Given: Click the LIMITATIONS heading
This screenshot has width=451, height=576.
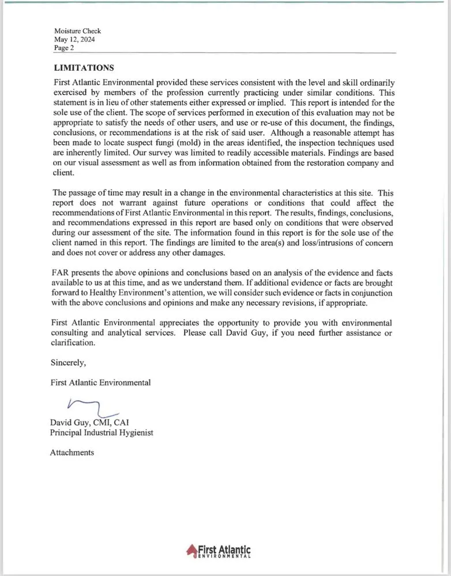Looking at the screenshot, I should tap(83, 68).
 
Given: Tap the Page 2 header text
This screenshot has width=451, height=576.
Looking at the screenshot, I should tap(64, 48).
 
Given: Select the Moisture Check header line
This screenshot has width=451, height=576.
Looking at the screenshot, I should tap(77, 31).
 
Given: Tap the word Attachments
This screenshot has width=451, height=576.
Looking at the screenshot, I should tap(72, 452).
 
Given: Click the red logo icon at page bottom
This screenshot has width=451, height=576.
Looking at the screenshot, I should tap(191, 551).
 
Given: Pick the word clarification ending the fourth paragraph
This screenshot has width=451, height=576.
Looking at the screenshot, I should tap(72, 343).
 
